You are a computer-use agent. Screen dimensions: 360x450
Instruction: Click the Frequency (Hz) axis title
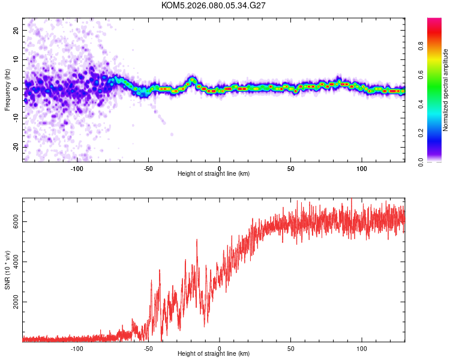[x=7, y=89]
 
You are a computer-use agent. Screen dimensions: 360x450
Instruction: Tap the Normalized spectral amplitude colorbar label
[x=446, y=90]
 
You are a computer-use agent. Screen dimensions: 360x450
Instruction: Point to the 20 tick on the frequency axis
[x=16, y=30]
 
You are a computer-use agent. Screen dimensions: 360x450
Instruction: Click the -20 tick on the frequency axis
[x=16, y=147]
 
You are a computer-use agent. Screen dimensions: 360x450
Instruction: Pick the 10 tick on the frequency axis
[x=16, y=59]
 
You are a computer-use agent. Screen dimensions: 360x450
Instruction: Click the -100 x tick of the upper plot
[x=77, y=168]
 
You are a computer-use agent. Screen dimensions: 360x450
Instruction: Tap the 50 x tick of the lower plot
[x=290, y=349]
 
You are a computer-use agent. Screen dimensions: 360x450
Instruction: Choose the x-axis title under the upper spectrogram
[x=214, y=174]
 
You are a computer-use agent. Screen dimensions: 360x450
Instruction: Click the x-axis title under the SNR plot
[x=214, y=355]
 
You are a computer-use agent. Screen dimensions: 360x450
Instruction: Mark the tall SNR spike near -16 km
[x=197, y=241]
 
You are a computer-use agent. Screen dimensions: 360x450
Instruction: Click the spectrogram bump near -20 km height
[x=192, y=80]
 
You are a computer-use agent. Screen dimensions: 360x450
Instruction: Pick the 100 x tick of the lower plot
[x=362, y=349]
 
